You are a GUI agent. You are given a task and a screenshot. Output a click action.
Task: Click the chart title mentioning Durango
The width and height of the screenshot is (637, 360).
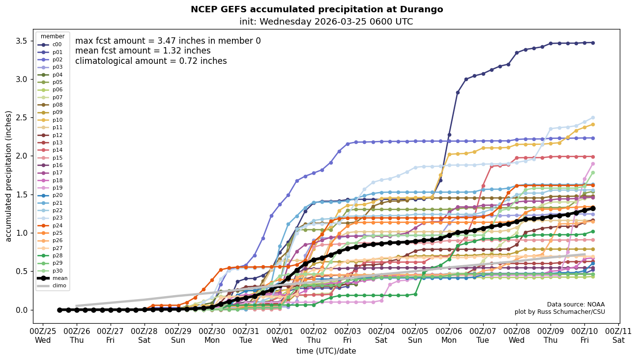coord(317,9)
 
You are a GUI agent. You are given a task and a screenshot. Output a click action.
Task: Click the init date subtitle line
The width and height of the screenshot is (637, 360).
coord(326,22)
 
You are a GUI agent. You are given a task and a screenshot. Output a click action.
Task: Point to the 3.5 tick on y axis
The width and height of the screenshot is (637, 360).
coord(21,40)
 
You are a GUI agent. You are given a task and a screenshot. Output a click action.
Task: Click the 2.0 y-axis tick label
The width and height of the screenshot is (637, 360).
coord(21,156)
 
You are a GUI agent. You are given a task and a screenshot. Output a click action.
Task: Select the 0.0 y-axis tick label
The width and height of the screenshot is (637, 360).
coord(21,310)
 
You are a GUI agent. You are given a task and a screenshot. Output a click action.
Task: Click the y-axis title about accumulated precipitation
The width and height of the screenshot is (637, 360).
coord(8,176)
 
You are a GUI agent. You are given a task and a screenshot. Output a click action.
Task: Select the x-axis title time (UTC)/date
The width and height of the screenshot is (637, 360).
coord(326,351)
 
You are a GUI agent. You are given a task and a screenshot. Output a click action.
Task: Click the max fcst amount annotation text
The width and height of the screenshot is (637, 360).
coord(168,41)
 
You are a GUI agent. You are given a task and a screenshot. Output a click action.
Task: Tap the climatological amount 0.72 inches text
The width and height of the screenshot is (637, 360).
coord(151,61)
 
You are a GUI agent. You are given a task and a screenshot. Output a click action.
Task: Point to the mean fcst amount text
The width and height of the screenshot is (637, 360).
coord(143,51)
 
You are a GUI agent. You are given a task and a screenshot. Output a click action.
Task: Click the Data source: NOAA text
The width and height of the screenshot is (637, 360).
coord(576,305)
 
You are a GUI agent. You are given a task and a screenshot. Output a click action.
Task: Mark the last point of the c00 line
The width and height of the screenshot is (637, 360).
coord(593,43)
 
